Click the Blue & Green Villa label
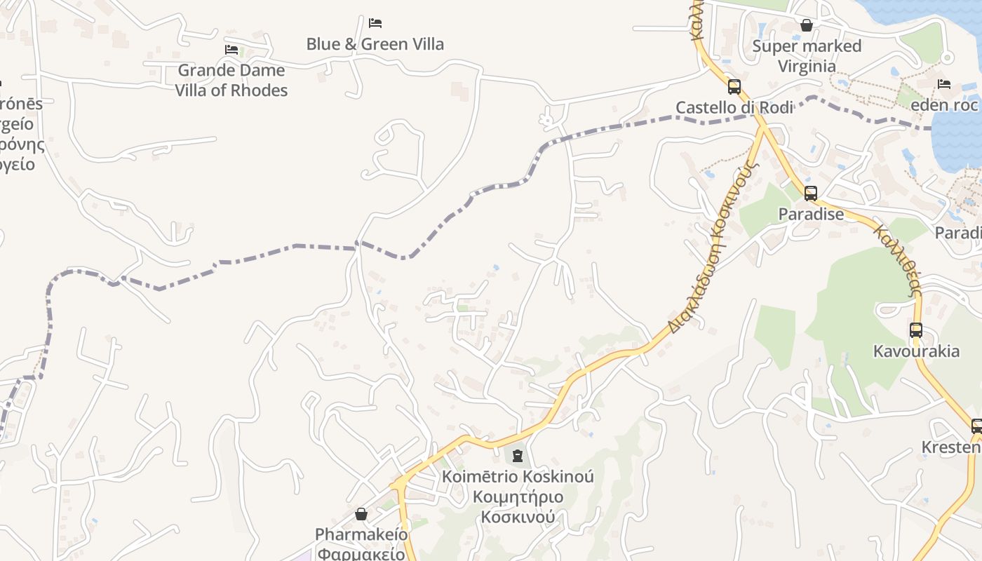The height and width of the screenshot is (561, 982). (375, 44)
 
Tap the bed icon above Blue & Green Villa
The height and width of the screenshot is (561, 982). (375, 23)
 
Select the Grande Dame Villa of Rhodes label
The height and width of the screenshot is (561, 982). (231, 80)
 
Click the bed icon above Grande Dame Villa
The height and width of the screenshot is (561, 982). (231, 50)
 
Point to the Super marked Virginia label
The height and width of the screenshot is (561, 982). (807, 56)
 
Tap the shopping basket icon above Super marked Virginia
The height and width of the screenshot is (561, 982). (807, 26)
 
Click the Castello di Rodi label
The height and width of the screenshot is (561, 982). (734, 107)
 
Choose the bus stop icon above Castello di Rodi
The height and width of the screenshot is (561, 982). (734, 87)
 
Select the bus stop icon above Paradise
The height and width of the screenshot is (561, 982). (811, 194)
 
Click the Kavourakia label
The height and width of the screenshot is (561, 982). (916, 351)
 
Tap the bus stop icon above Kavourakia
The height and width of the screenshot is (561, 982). (916, 330)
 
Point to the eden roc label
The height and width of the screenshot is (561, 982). (944, 105)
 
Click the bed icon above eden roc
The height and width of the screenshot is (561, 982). (944, 85)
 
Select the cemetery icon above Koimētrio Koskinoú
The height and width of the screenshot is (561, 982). (518, 456)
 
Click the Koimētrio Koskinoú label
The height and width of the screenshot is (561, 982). (518, 477)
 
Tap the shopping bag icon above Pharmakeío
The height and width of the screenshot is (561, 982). (361, 514)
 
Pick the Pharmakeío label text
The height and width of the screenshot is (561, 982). (361, 534)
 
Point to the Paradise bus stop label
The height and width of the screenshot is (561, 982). (811, 214)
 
